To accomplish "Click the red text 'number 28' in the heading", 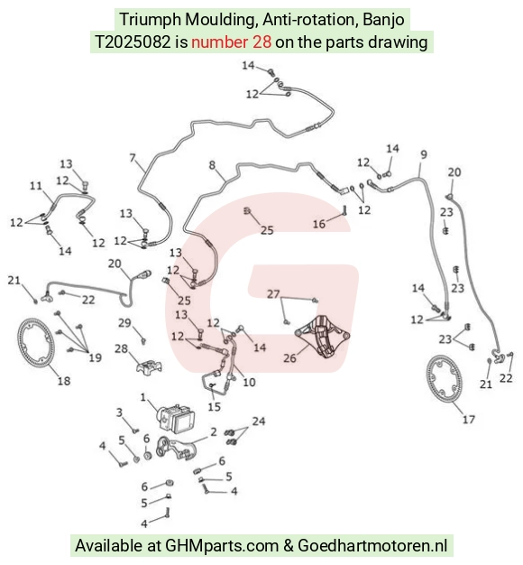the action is coord(231,42).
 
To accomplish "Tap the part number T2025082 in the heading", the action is coord(133,42).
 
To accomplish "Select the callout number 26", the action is coord(289,357).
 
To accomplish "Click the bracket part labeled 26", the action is coord(323,336).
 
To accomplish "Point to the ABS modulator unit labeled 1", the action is coord(176,417).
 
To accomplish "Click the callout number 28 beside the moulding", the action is coord(122,348).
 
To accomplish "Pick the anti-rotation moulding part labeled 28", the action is coord(149,367).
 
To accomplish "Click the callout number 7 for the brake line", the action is coord(133,158).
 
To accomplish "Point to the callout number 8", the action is coord(212,165).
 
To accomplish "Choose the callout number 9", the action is coord(424,154).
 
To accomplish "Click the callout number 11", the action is coord(36,186).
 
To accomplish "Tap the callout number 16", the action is coord(319,224).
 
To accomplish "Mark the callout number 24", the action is coord(259,421).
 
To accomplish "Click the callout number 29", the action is coord(124,322).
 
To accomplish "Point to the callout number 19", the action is coord(96,357).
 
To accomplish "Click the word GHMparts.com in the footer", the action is coord(222,545).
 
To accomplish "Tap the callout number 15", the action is coord(214,406).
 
